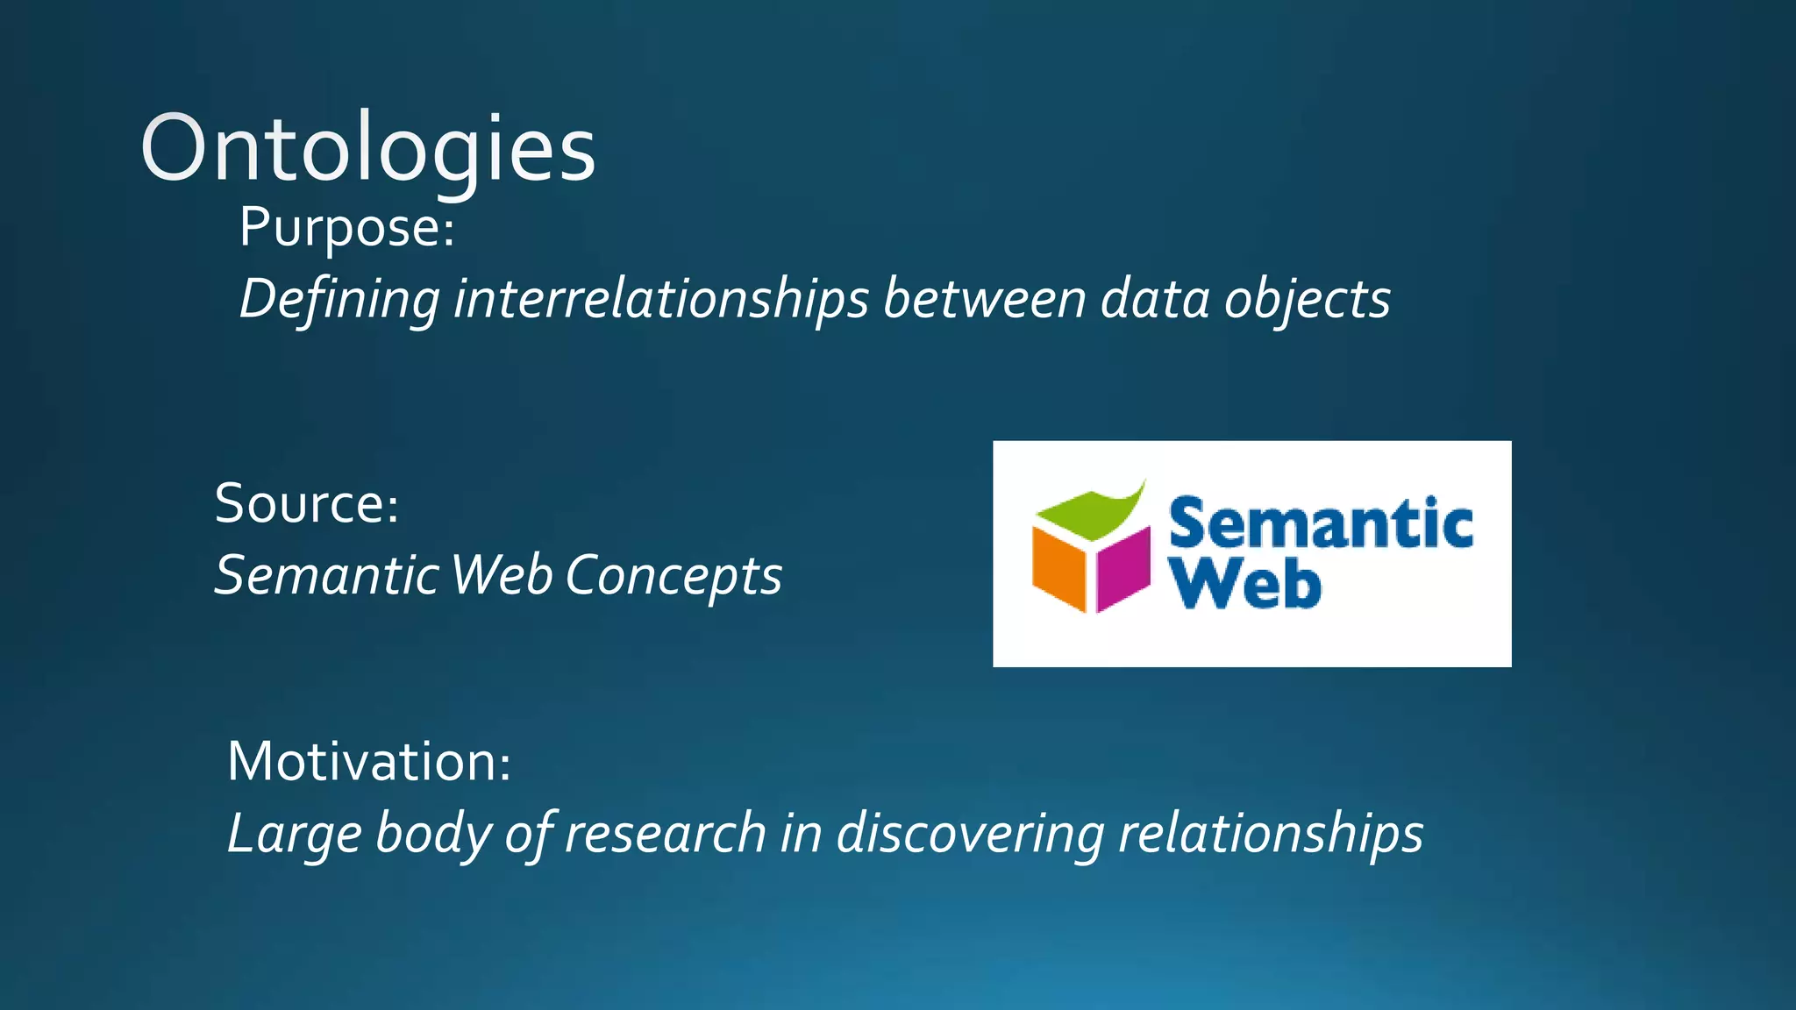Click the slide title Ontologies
pyautogui.click(x=367, y=149)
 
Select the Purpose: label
pyautogui.click(x=347, y=228)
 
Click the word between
pyautogui.click(x=985, y=300)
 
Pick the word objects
pyautogui.click(x=1307, y=300)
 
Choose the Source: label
pyautogui.click(x=307, y=504)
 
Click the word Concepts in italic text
pyautogui.click(x=673, y=576)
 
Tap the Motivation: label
pyautogui.click(x=369, y=761)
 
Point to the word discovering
pyautogui.click(x=970, y=834)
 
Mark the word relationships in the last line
pyautogui.click(x=1271, y=834)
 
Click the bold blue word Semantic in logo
pyautogui.click(x=1320, y=524)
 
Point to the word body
pyautogui.click(x=433, y=834)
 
